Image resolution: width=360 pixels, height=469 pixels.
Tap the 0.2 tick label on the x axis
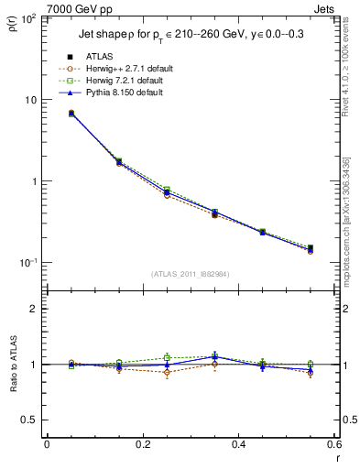tap(142, 445)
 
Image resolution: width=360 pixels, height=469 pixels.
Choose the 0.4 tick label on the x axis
tap(238, 445)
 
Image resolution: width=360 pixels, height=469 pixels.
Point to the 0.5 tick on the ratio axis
tap(32, 420)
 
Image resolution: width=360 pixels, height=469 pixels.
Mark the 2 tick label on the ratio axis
tap(36, 309)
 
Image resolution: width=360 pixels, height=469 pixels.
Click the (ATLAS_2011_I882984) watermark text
tap(191, 274)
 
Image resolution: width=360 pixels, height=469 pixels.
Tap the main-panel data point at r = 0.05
tap(71, 114)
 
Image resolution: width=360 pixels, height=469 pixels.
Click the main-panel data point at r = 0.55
tap(310, 248)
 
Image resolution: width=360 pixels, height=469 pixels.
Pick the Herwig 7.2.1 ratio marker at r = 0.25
tap(167, 357)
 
